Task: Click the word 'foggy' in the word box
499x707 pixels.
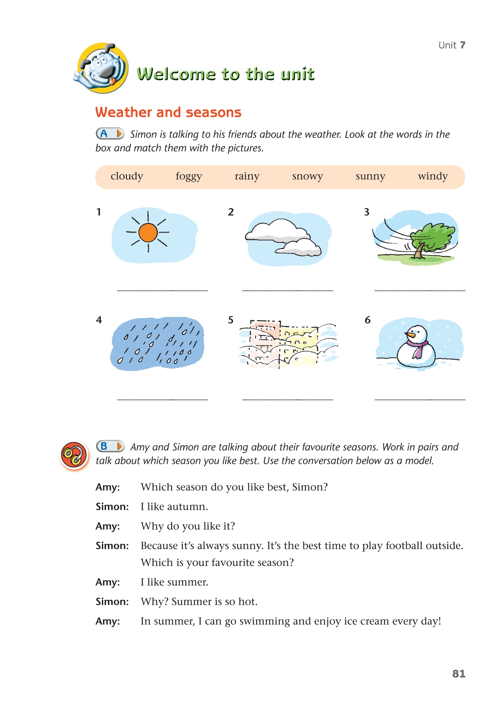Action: (x=189, y=176)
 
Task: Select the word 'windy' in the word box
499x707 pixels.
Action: (x=433, y=176)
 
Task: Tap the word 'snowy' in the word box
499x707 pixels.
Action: (x=307, y=176)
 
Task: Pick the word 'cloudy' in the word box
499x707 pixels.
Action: (x=127, y=176)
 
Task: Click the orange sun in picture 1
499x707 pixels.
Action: (x=148, y=233)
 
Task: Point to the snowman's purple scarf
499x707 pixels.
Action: (x=417, y=347)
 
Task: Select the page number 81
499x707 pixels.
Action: (x=459, y=674)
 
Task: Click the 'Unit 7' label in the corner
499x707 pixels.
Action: (x=452, y=45)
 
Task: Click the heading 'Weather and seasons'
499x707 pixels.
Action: (x=168, y=113)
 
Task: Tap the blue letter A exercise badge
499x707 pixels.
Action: (x=109, y=134)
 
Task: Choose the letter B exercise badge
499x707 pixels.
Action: (x=110, y=446)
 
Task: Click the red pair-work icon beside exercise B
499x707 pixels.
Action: (x=74, y=455)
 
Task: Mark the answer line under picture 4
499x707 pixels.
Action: (x=163, y=399)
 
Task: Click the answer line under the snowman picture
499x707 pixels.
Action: (x=420, y=399)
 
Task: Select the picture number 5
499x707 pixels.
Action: (x=231, y=320)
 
